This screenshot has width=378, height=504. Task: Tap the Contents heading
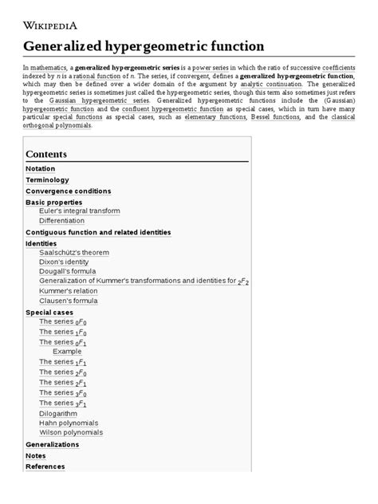click(x=46, y=154)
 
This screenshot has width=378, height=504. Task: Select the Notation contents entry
click(x=41, y=169)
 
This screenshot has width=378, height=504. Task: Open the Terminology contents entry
click(x=48, y=180)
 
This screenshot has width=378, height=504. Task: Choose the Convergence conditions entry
click(x=68, y=191)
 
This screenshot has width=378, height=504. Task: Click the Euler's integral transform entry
click(x=79, y=211)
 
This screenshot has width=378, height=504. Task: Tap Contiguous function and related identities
click(x=98, y=232)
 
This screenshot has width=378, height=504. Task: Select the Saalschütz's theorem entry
click(x=74, y=252)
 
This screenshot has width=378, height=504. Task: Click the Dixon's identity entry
click(x=64, y=262)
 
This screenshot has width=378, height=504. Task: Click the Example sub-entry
click(x=67, y=352)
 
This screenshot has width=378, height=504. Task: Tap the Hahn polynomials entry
click(x=69, y=423)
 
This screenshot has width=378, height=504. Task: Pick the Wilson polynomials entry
click(x=71, y=432)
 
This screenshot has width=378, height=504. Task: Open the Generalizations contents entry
click(x=52, y=443)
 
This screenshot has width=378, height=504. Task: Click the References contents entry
click(x=45, y=466)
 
